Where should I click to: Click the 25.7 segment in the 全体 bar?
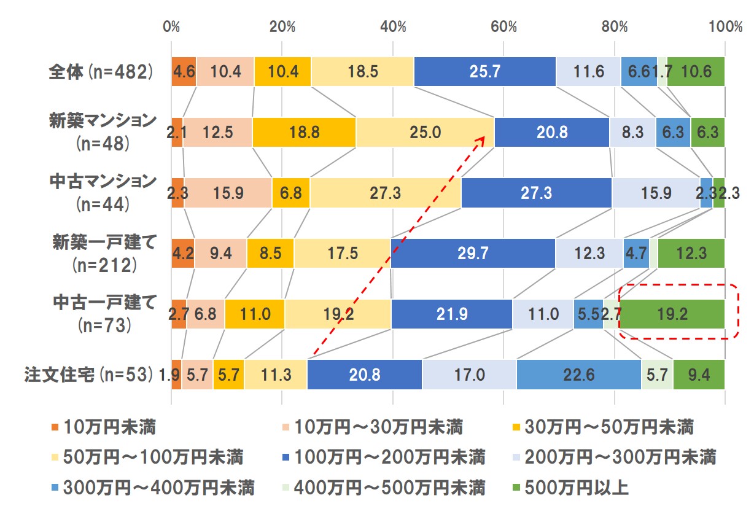(x=484, y=71)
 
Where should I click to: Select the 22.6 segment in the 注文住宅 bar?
(x=579, y=375)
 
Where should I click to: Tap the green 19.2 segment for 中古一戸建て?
(x=674, y=314)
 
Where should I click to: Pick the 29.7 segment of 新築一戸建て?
(x=473, y=254)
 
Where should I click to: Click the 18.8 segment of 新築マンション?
(x=304, y=132)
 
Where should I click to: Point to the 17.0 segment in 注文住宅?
(x=469, y=375)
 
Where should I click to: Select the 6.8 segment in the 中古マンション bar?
(x=290, y=193)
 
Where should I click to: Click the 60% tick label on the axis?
(x=503, y=27)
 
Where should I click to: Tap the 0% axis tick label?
(x=171, y=27)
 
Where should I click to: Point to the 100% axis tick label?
(x=725, y=27)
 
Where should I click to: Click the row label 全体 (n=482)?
(x=99, y=71)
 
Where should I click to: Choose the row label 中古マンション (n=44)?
(x=103, y=192)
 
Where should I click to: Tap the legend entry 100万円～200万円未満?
(x=382, y=457)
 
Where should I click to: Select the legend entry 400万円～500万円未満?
(x=382, y=488)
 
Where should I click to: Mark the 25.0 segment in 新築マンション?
(x=425, y=132)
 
